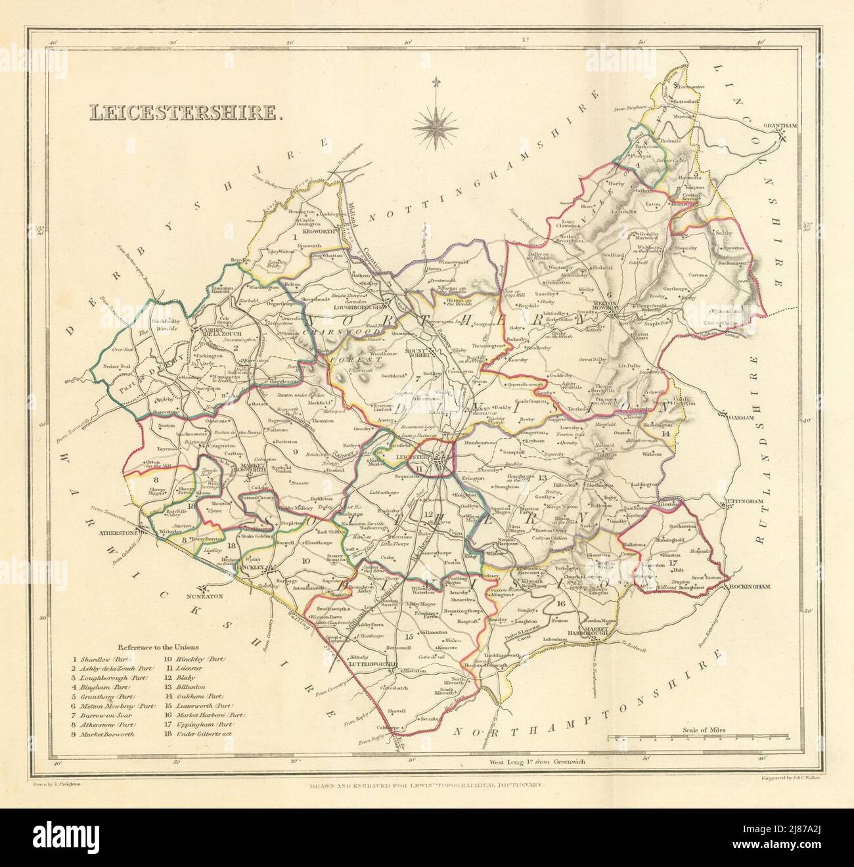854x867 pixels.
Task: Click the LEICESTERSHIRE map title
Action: pos(186,112)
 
